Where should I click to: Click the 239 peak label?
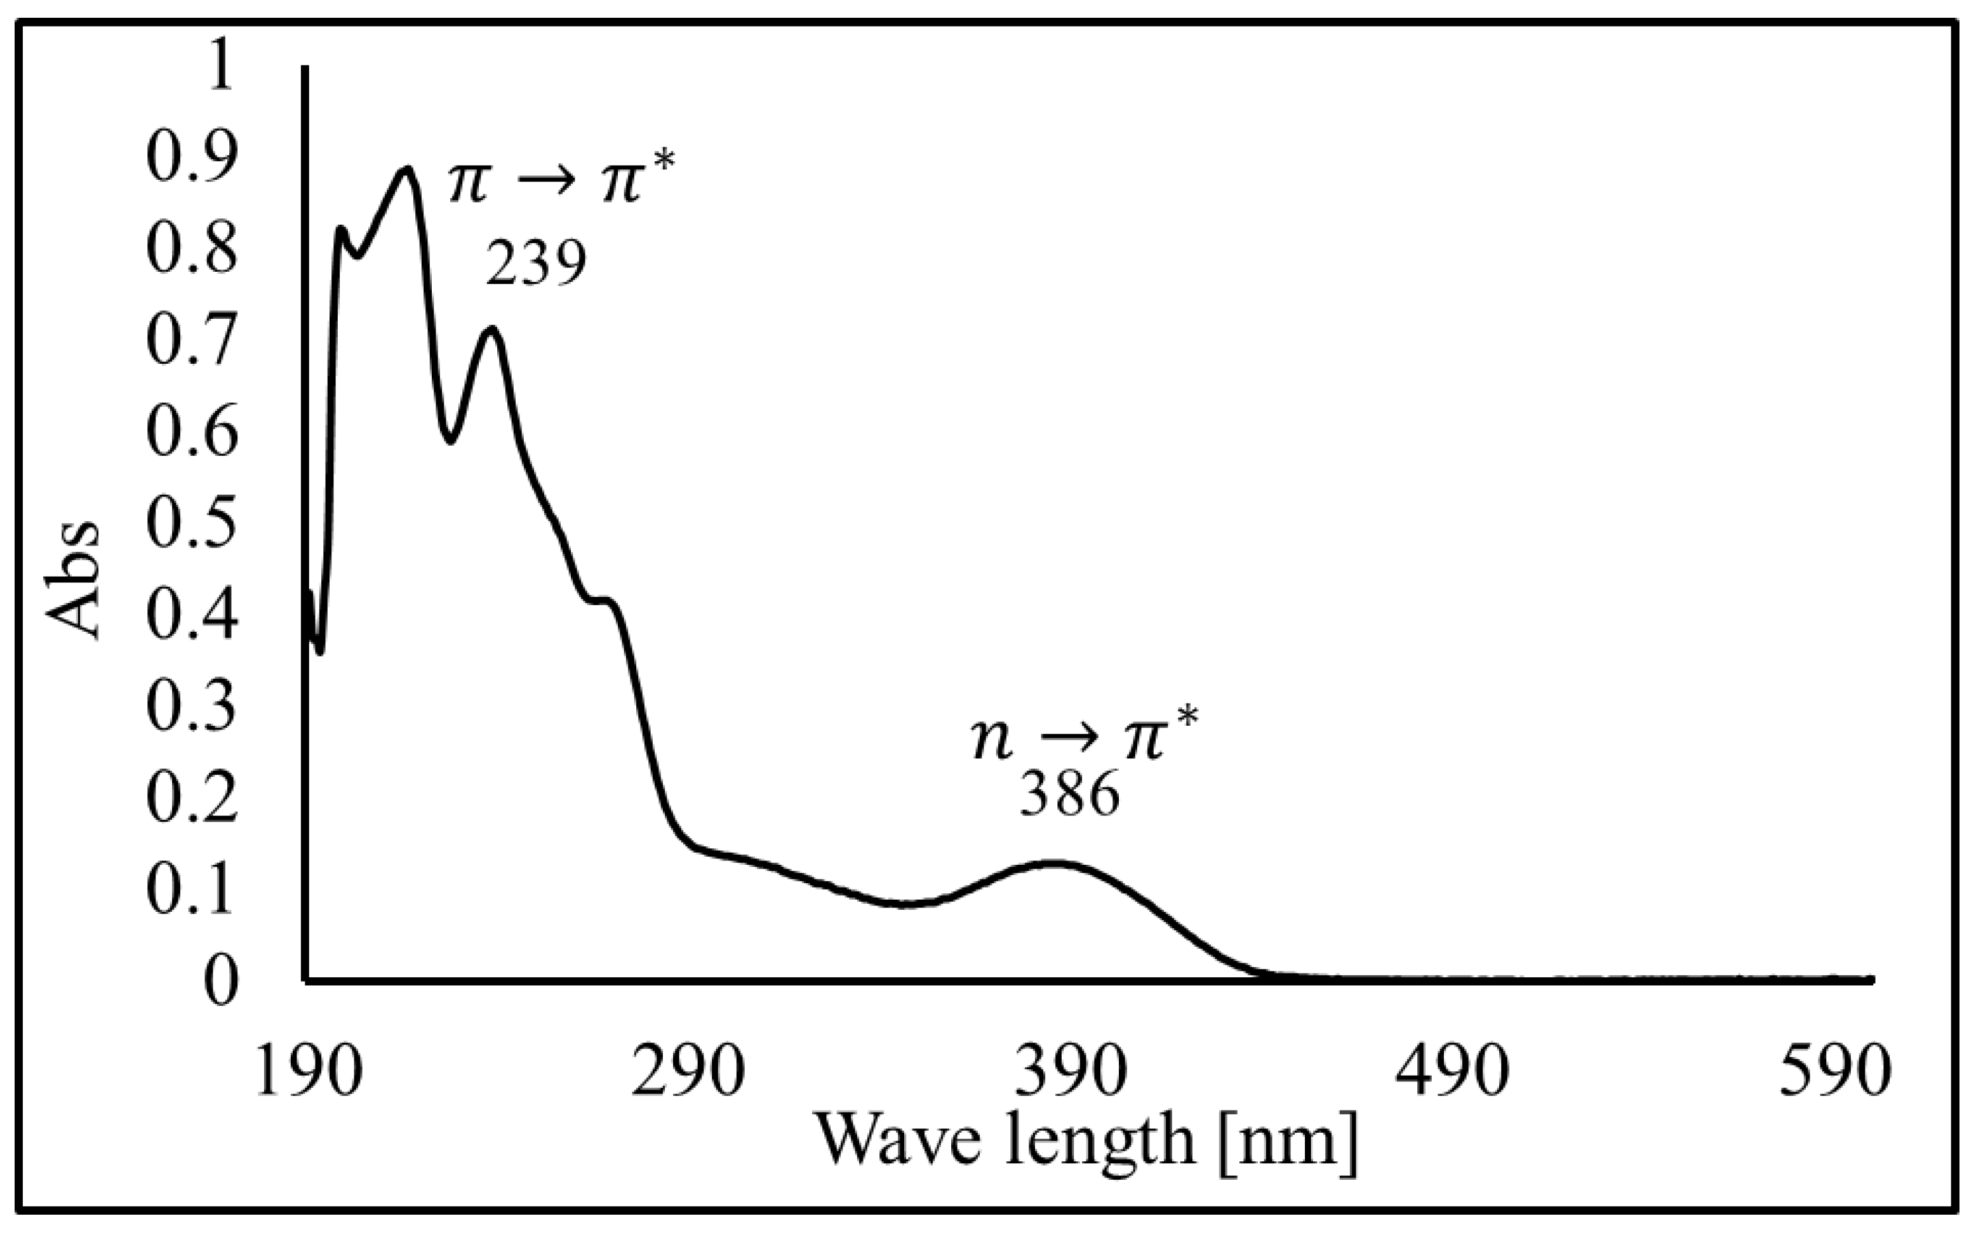[537, 263]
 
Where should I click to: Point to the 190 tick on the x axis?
[309, 1073]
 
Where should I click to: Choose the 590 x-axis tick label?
[1834, 1073]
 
